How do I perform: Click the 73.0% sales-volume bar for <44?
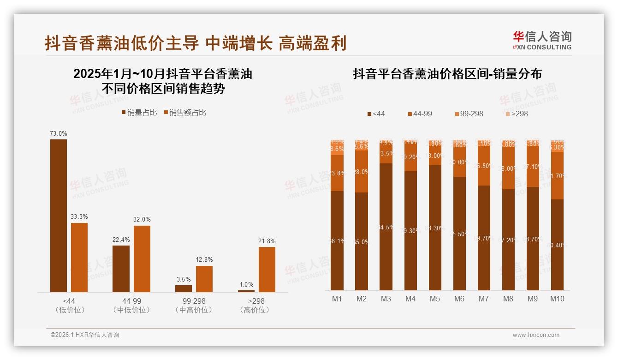pos(59,216)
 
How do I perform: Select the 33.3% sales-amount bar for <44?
pos(79,257)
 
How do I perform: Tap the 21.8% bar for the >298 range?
pos(267,269)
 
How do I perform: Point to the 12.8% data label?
pos(204,260)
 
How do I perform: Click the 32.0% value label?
pos(142,220)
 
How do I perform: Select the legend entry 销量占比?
pos(139,113)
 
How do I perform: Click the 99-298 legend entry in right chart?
pos(469,114)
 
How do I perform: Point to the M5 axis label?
pos(434,299)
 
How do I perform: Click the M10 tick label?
pos(557,299)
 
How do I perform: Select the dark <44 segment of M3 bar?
pos(386,226)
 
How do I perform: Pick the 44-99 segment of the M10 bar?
pos(557,175)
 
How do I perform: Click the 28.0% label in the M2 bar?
pos(362,172)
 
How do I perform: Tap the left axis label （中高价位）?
pos(194,310)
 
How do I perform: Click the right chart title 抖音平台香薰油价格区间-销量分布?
pos(447,74)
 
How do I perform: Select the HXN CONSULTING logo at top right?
pos(542,41)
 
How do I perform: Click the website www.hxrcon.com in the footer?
pos(535,335)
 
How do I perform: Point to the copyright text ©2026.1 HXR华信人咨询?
pos(85,335)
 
